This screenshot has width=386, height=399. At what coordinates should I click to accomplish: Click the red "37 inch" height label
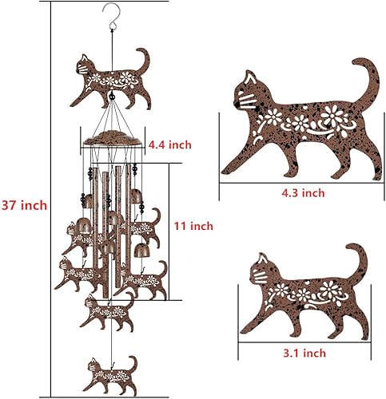point(24,205)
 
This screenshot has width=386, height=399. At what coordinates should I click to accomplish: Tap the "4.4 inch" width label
point(169,144)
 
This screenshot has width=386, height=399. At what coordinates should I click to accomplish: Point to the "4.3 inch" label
point(301,192)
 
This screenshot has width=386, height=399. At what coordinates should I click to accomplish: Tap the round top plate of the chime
point(113,136)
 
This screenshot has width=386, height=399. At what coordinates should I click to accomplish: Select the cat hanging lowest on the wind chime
point(109,370)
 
